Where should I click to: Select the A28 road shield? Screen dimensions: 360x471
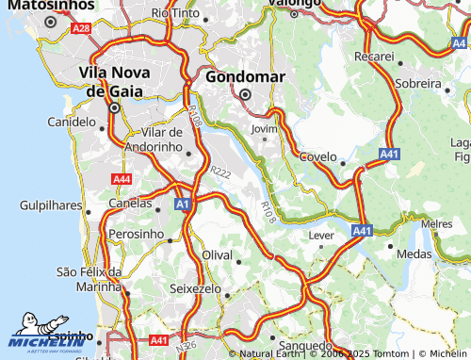82,29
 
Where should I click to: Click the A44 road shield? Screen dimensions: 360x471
122,179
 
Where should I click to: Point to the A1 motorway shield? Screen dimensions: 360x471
183,204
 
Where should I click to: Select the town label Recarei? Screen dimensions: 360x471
374,57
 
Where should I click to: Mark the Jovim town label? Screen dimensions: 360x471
265,129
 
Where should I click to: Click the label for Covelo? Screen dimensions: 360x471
317,156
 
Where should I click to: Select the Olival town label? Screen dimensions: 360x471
218,255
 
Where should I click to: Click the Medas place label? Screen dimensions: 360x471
414,254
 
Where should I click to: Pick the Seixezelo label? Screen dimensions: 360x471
196,287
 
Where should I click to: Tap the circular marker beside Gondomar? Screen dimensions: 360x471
245,94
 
